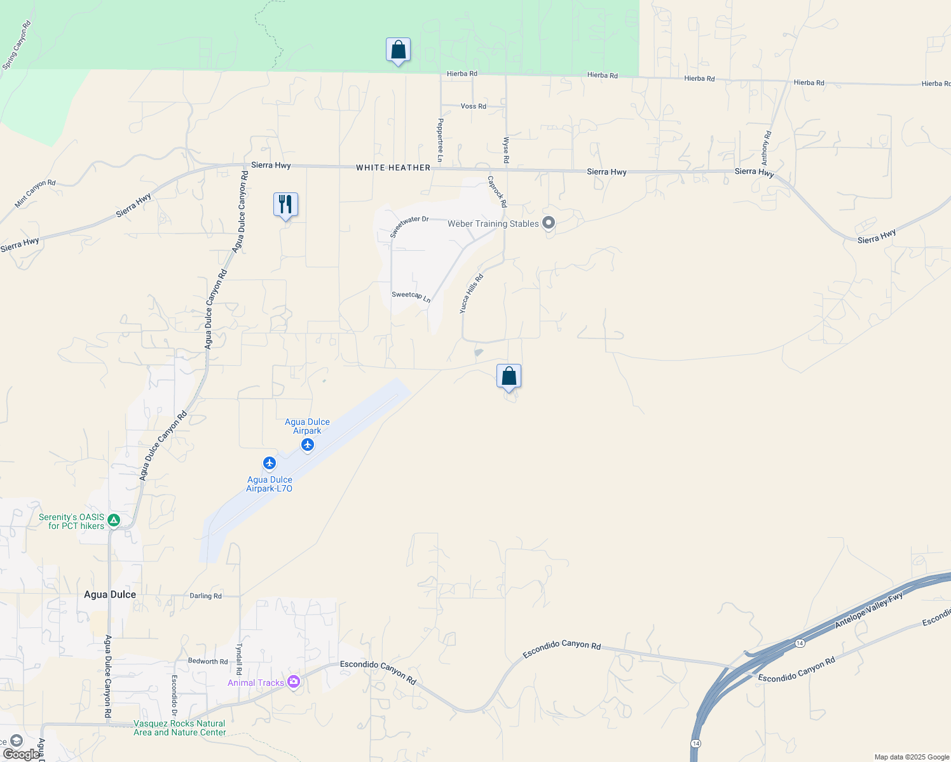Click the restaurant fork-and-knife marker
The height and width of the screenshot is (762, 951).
285,204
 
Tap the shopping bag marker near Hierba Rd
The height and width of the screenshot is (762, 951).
398,50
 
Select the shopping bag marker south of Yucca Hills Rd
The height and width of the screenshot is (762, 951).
509,376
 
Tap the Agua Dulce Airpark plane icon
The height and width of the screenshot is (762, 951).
308,444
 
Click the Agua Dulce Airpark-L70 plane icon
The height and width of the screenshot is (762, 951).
270,463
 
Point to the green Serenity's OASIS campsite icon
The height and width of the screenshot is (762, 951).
114,521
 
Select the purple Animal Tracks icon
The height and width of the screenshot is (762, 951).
293,682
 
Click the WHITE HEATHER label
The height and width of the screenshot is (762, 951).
393,168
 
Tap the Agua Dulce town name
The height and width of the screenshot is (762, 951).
110,594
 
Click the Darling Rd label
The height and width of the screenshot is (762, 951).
205,596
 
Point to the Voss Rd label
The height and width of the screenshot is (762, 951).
473,106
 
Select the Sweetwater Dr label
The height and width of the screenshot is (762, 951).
409,226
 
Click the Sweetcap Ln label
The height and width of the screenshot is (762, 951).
411,296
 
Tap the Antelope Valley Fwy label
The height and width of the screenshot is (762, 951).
868,611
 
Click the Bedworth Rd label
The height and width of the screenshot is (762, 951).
207,661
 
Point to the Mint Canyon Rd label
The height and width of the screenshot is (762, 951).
35,194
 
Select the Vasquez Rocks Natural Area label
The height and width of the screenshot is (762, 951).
179,728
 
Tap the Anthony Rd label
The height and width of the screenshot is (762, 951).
767,148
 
